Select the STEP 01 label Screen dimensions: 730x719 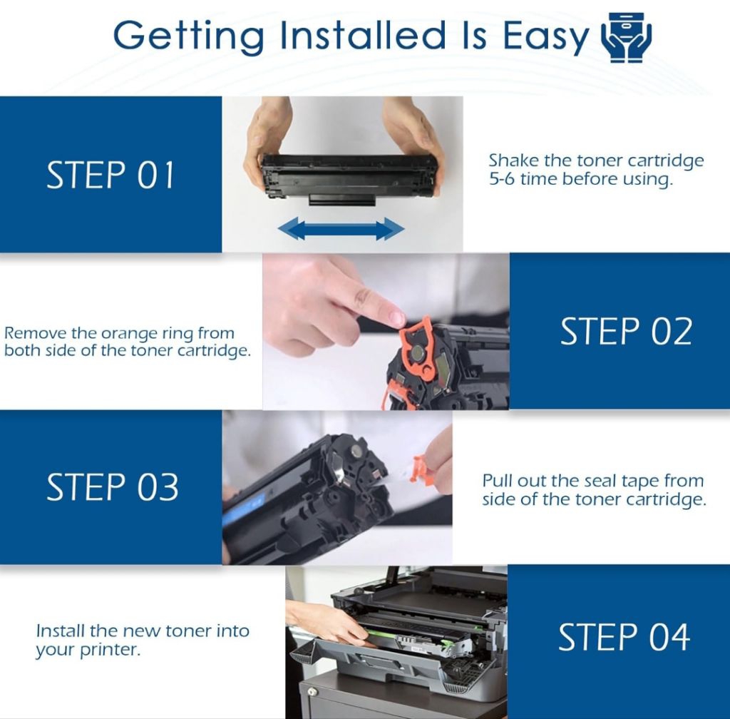(110, 175)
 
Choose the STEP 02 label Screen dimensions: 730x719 (626, 331)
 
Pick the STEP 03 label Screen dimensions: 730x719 (112, 487)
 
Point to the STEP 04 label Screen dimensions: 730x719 (624, 637)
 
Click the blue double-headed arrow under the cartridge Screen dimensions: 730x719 (341, 229)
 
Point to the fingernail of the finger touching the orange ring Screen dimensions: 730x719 (396, 319)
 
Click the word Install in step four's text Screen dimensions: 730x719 (61, 631)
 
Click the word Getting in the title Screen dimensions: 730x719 (188, 37)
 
